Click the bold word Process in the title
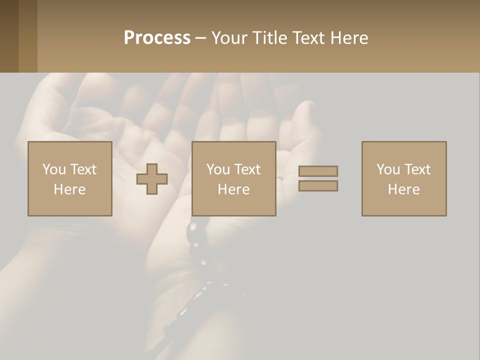click(x=157, y=38)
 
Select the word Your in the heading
click(x=229, y=38)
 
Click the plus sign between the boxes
click(x=152, y=179)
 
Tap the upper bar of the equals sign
click(x=318, y=171)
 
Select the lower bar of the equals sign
click(x=318, y=186)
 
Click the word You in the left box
click(x=54, y=169)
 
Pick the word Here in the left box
click(x=69, y=189)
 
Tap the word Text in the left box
click(x=83, y=169)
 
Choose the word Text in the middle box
click(x=247, y=169)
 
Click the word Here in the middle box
click(x=233, y=189)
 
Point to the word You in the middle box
click(x=218, y=169)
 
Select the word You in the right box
click(x=388, y=169)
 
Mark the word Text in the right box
click(x=417, y=169)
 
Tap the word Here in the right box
click(x=403, y=189)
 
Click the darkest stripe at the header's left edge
click(x=9, y=36)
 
